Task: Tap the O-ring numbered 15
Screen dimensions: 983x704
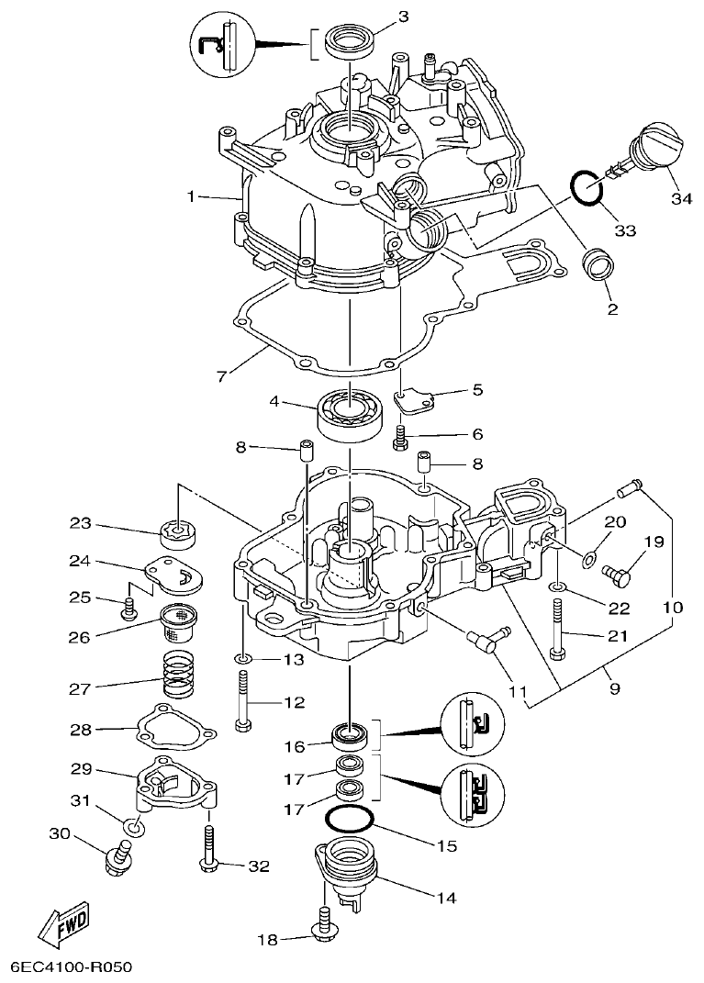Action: coord(350,819)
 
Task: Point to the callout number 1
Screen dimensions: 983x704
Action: coord(190,196)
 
